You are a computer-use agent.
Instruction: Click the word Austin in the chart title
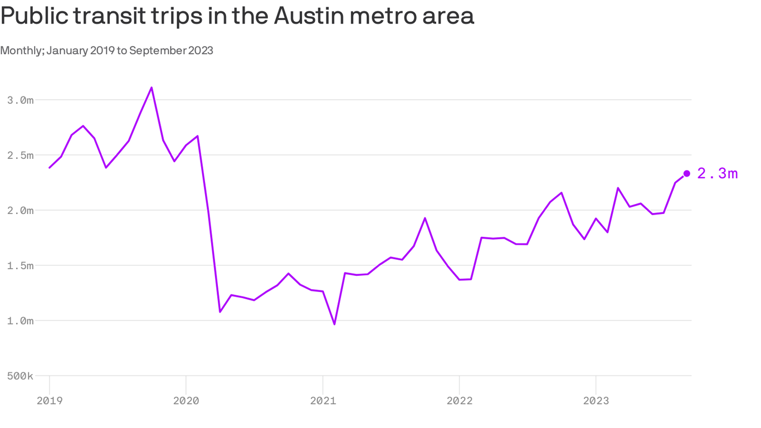coord(306,16)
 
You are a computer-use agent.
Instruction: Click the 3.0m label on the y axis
coord(21,100)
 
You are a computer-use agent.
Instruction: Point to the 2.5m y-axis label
coord(21,155)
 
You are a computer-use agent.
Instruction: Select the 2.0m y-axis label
coord(21,210)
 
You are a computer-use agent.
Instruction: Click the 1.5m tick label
coord(21,265)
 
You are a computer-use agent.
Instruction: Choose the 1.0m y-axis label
coord(21,320)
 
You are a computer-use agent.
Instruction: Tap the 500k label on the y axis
coord(21,376)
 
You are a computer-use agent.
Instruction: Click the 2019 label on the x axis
coord(50,400)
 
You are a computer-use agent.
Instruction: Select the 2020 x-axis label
coord(186,400)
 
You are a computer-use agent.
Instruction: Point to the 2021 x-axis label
coord(323,400)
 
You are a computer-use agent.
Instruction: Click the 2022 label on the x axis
coord(459,400)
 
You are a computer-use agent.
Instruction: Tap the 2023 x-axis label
coord(596,400)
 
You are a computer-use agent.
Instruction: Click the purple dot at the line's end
coord(686,173)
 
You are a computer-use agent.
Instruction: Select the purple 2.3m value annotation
coord(718,174)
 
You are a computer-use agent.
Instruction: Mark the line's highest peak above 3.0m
coord(152,87)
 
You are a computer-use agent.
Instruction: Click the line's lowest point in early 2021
coord(334,324)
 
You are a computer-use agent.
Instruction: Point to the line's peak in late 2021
coord(425,218)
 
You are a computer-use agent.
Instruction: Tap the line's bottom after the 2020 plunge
coord(220,312)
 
